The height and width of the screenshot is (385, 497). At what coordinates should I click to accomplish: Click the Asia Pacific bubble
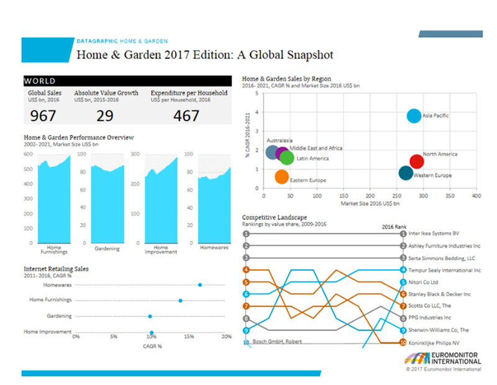414,116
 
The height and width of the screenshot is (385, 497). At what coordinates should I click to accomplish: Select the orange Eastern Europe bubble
282,177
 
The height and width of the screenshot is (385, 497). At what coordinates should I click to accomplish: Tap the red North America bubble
417,161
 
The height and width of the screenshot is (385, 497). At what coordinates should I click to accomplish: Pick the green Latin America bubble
286,158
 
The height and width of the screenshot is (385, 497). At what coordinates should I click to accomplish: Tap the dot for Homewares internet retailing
199,285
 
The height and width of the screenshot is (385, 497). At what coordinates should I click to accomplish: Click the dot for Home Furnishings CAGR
180,301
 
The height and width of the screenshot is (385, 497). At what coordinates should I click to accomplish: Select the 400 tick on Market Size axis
476,196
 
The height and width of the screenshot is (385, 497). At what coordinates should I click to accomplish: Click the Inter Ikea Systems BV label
434,234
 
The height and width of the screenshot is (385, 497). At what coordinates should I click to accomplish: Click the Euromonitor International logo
442,359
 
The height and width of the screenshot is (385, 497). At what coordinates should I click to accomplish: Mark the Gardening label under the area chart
107,248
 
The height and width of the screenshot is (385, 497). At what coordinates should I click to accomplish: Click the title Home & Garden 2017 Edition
204,55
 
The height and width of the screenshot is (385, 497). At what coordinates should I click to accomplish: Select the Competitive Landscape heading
274,217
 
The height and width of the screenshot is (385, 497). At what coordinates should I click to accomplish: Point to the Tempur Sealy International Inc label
444,270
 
